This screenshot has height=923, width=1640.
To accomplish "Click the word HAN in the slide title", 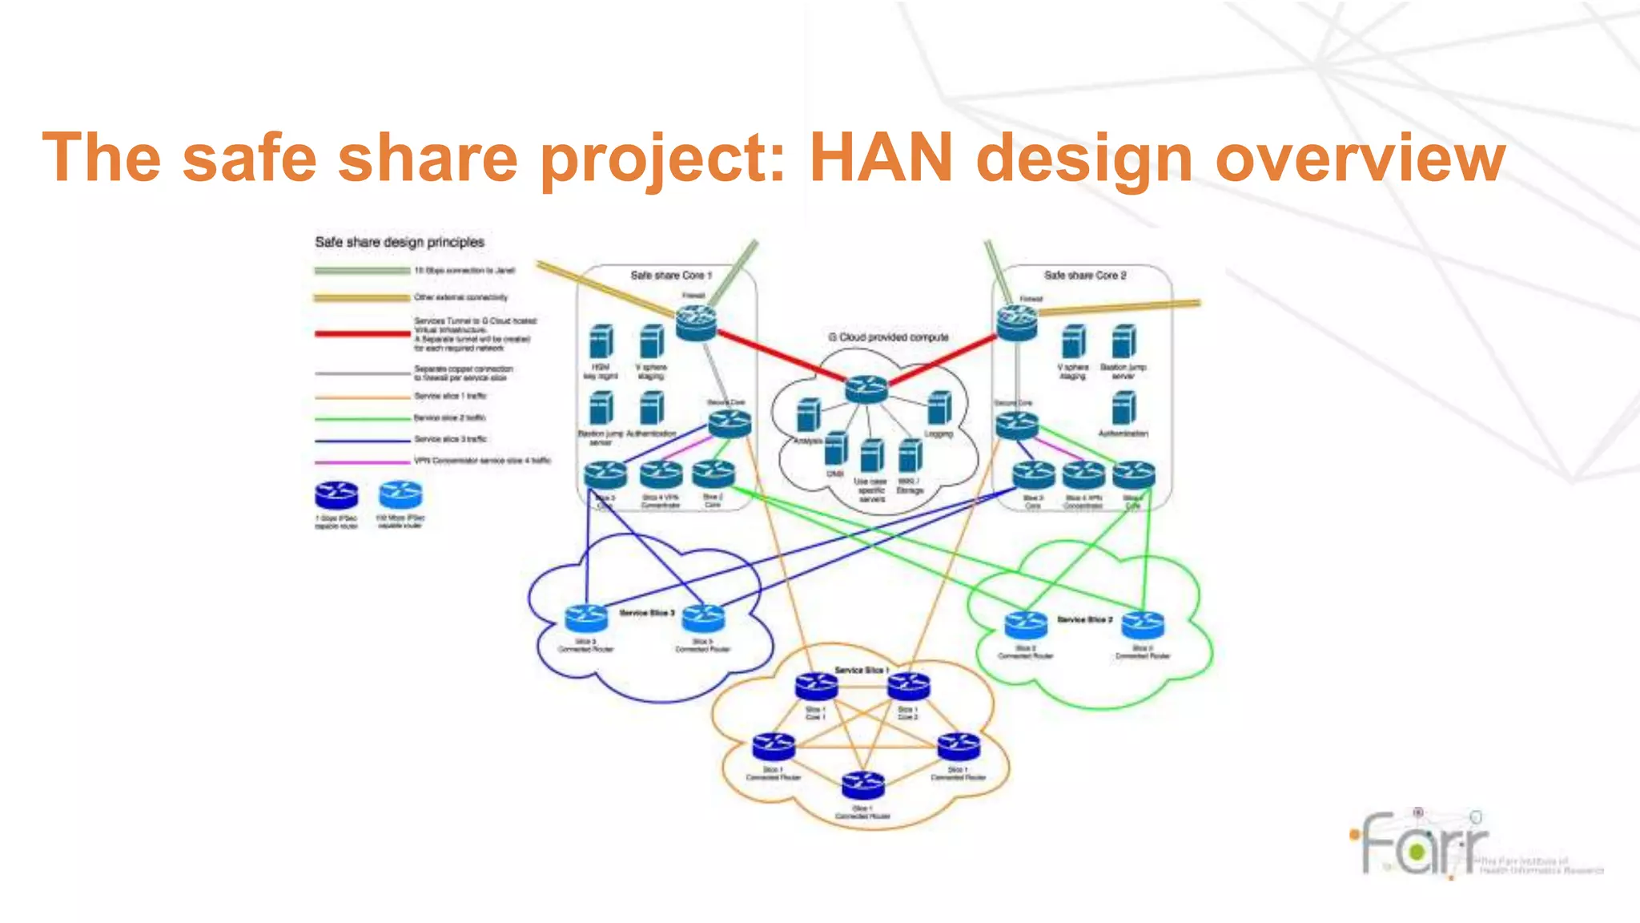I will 882,158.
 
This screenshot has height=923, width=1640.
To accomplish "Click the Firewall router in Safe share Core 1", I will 696,323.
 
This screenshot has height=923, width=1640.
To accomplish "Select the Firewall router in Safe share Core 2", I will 1017,323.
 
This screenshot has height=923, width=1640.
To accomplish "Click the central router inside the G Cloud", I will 866,389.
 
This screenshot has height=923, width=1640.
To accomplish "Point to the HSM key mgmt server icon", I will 601,341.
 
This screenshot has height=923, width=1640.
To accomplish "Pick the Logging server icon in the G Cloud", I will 939,408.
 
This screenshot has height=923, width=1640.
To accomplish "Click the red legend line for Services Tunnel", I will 362,333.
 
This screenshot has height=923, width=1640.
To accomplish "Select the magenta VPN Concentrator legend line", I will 362,462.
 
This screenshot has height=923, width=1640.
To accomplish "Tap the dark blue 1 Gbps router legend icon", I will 336,496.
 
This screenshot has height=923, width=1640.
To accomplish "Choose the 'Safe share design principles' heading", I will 400,242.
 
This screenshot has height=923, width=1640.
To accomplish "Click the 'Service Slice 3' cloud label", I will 647,613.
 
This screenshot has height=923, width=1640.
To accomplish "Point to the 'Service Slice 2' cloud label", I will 1084,619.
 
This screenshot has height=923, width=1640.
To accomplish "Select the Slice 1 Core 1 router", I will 816,687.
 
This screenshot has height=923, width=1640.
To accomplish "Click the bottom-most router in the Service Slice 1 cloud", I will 862,784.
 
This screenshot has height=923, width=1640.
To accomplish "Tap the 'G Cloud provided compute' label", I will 888,337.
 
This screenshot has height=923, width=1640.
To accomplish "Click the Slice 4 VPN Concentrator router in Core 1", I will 661,475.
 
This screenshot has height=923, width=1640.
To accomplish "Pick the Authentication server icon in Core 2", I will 1123,408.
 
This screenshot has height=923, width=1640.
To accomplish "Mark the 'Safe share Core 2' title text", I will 1085,275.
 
